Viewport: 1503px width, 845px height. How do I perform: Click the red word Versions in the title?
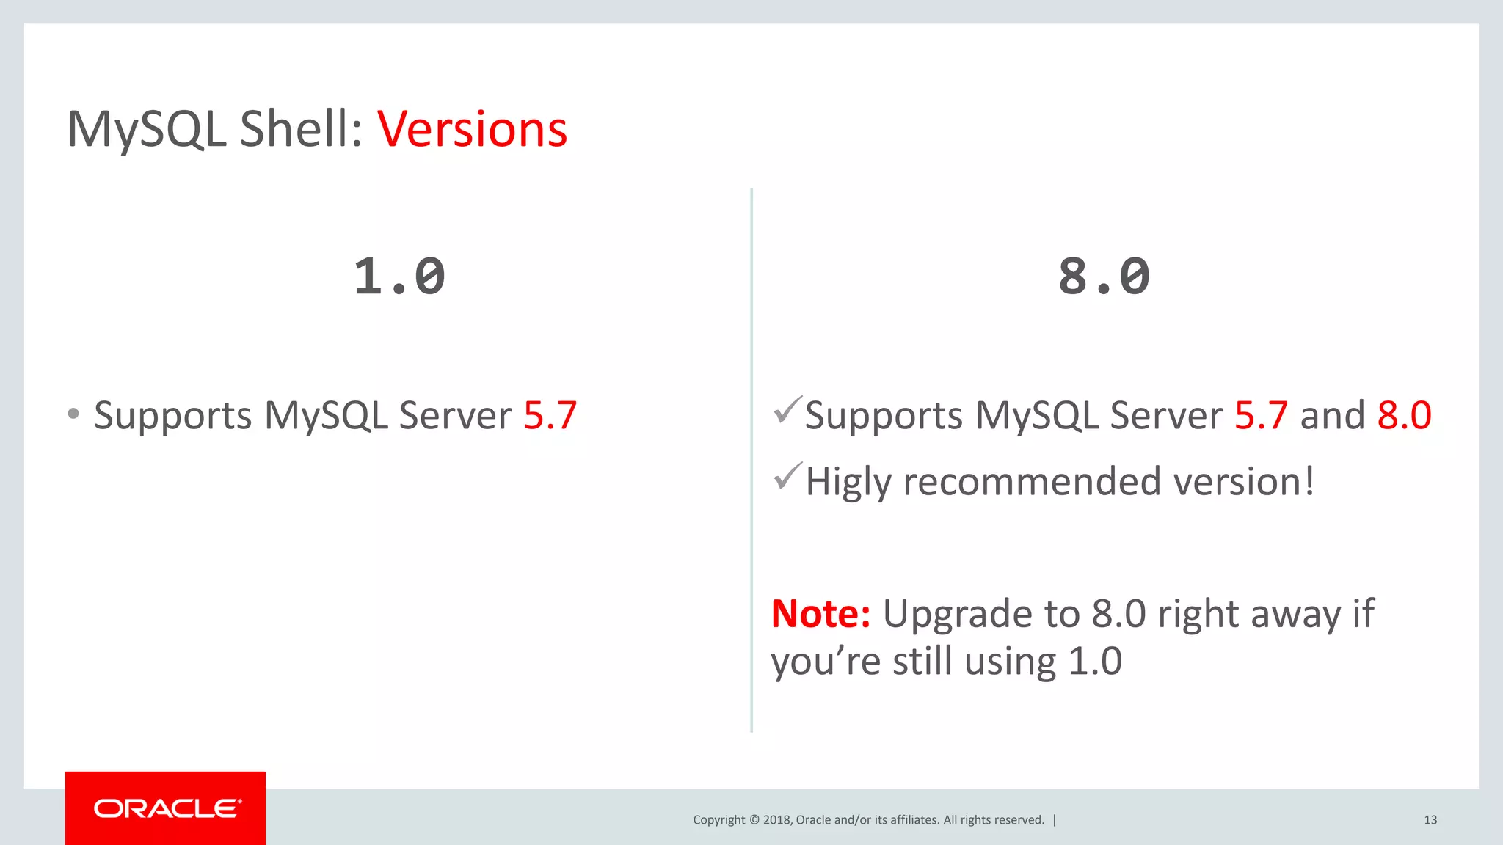pos(472,130)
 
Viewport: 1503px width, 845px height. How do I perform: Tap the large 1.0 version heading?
pos(399,277)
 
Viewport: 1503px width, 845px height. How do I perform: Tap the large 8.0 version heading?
pos(1104,277)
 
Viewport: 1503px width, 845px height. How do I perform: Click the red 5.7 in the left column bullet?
pos(550,416)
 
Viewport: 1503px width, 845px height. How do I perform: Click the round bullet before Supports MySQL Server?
pos(73,414)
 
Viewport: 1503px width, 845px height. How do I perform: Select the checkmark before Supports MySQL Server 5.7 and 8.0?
pos(787,410)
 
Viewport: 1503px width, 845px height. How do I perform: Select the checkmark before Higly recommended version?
pos(787,477)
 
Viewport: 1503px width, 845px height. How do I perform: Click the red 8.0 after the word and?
pos(1404,416)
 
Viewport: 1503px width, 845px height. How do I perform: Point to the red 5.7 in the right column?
pos(1261,416)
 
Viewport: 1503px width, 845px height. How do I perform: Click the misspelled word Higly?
pos(848,483)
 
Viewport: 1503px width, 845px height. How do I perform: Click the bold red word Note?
pos(820,614)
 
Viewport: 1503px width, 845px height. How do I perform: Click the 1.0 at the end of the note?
pos(1095,662)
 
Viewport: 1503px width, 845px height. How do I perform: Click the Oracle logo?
pos(166,808)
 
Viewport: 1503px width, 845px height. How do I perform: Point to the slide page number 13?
pos(1430,820)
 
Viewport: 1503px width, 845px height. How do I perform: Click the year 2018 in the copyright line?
pos(776,820)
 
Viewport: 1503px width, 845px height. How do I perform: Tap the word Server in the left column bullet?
pos(455,416)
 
